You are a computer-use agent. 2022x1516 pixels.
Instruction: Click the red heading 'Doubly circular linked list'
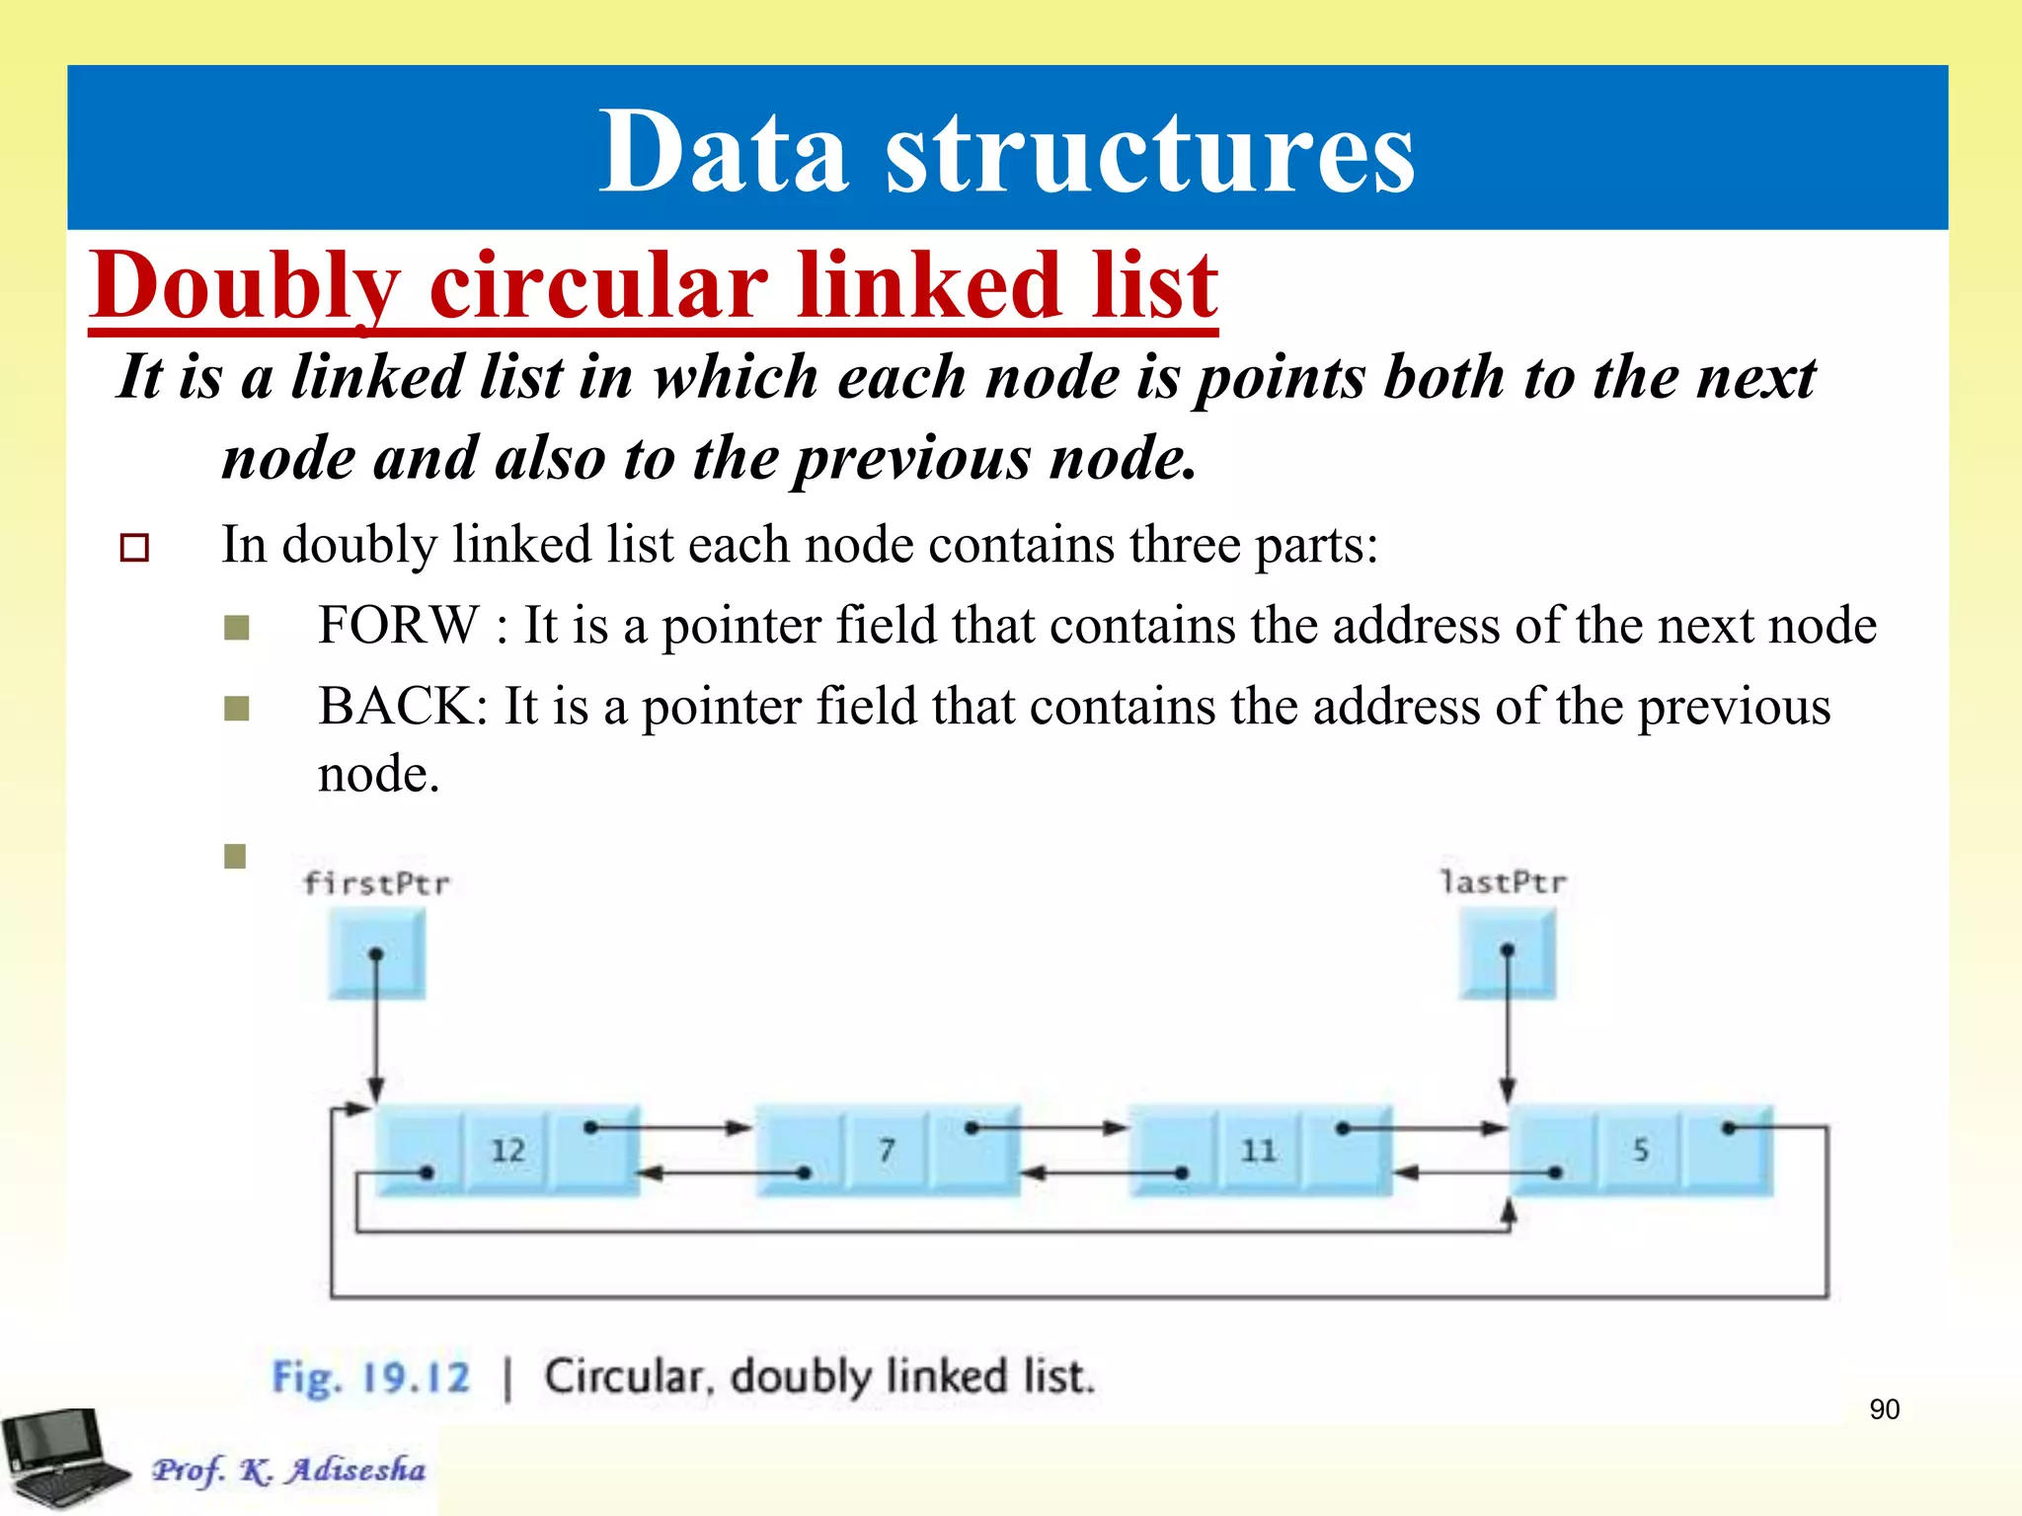point(654,285)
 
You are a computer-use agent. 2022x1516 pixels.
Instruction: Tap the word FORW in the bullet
point(398,626)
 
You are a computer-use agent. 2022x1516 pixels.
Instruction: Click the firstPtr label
point(376,882)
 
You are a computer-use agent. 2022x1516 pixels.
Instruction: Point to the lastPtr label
point(1503,881)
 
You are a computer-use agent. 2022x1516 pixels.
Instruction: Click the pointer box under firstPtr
point(376,954)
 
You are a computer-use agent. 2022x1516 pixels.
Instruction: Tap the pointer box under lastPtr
point(1507,952)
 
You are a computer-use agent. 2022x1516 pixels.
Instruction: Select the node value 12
point(507,1150)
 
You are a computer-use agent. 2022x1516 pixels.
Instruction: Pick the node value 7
point(887,1150)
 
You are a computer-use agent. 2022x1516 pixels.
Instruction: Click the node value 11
point(1258,1150)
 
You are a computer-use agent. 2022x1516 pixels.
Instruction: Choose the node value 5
point(1640,1150)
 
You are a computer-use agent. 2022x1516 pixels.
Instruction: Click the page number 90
point(1884,1409)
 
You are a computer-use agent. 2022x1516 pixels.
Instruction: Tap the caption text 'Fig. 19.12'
point(371,1377)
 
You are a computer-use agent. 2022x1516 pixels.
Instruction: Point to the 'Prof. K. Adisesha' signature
point(288,1470)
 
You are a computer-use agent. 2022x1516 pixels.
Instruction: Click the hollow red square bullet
point(134,548)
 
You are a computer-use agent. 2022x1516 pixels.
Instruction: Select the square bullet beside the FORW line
point(237,628)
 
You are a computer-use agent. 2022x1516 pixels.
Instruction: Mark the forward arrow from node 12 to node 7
point(671,1127)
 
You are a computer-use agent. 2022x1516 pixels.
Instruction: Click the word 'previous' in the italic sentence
point(912,459)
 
